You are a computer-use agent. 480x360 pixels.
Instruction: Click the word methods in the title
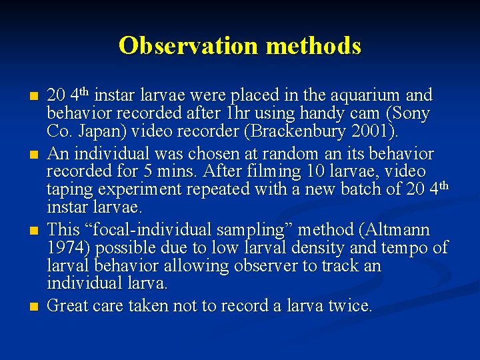[x=313, y=45]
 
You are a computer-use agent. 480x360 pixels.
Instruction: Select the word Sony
[x=413, y=113]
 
